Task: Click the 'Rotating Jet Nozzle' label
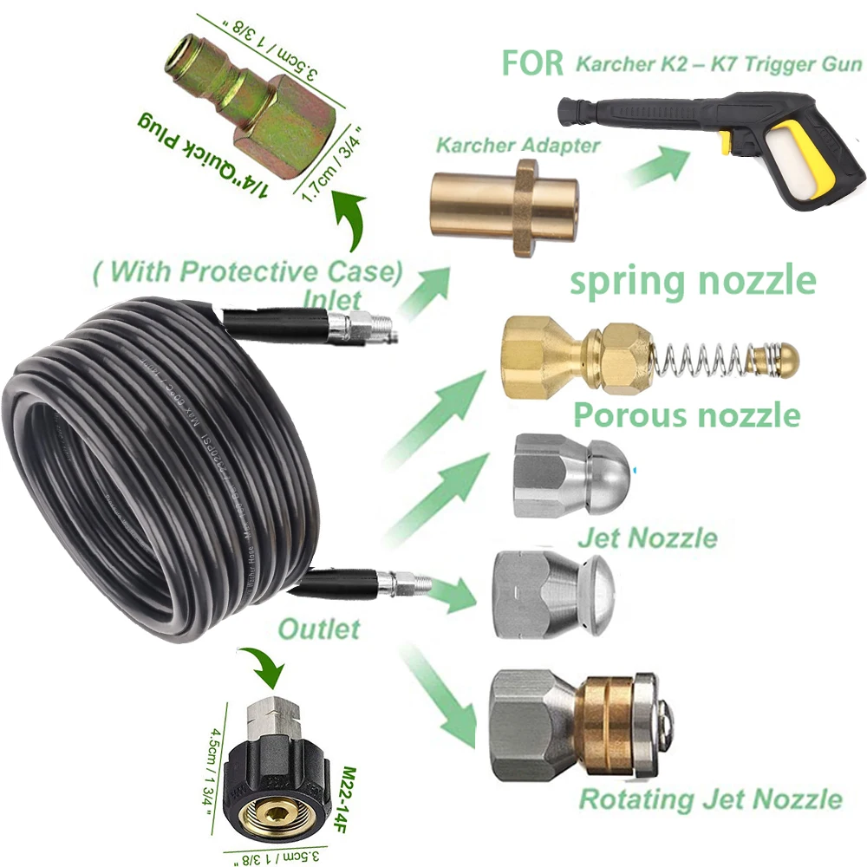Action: click(x=710, y=798)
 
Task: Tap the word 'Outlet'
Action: click(x=318, y=627)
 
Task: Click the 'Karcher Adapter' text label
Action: click(x=518, y=144)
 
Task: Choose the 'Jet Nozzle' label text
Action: click(x=647, y=538)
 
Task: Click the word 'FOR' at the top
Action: click(x=532, y=65)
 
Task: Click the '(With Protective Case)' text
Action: click(x=247, y=272)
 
